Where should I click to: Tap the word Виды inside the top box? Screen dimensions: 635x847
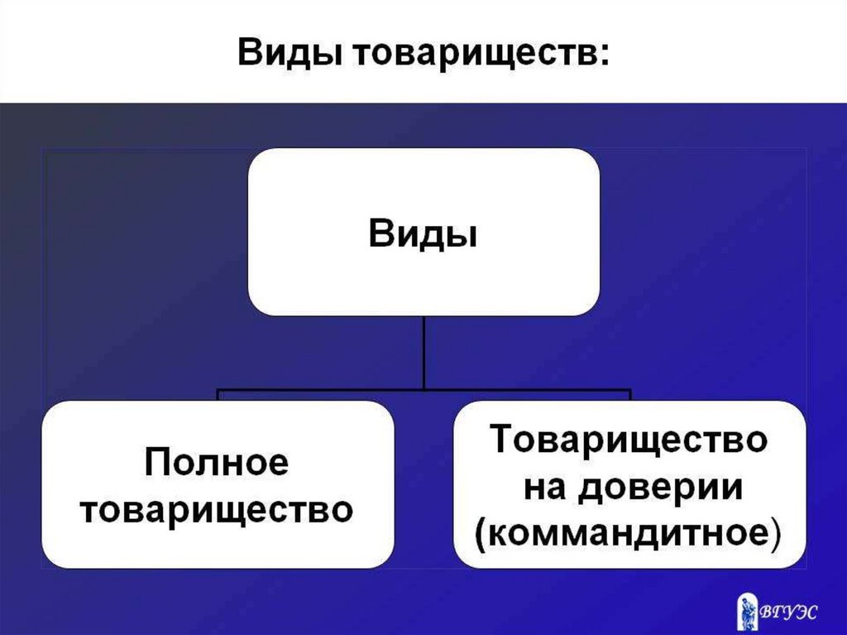tap(423, 233)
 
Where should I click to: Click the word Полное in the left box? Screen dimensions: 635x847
tap(217, 462)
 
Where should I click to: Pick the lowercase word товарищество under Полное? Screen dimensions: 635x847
tap(217, 508)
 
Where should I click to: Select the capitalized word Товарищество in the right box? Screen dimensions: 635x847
tap(629, 439)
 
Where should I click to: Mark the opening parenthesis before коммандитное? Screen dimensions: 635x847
tap(481, 534)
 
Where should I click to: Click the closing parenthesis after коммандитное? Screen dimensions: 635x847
tap(775, 534)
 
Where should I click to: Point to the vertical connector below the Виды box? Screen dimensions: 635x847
tap(423, 352)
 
